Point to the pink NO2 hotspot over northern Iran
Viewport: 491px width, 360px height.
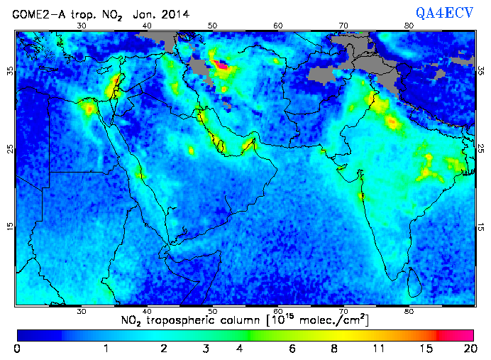(221, 65)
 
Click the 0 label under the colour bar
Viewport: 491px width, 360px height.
(16, 349)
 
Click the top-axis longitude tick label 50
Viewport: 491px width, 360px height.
(212, 26)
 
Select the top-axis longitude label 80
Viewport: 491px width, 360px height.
(409, 26)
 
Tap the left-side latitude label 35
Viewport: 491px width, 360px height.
(11, 71)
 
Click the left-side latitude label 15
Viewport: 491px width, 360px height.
(11, 226)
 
